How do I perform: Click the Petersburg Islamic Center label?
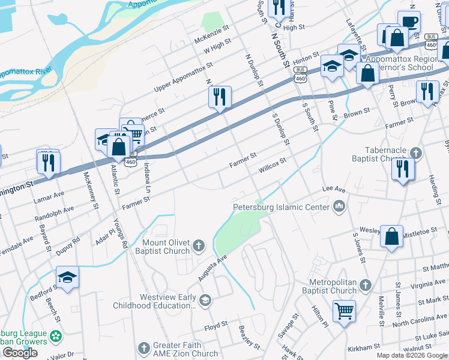[281, 208]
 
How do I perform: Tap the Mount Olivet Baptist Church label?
[157, 247]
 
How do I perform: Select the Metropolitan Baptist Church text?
[333, 286]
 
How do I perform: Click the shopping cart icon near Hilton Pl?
[344, 310]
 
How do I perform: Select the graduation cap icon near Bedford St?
[67, 277]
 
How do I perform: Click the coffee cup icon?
[409, 22]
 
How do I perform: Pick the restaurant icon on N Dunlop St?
[220, 96]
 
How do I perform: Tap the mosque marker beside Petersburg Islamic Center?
[340, 207]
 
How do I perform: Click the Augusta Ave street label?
[214, 269]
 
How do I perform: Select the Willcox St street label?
[272, 165]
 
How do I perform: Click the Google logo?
[20, 353]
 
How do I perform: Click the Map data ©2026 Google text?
[412, 355]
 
